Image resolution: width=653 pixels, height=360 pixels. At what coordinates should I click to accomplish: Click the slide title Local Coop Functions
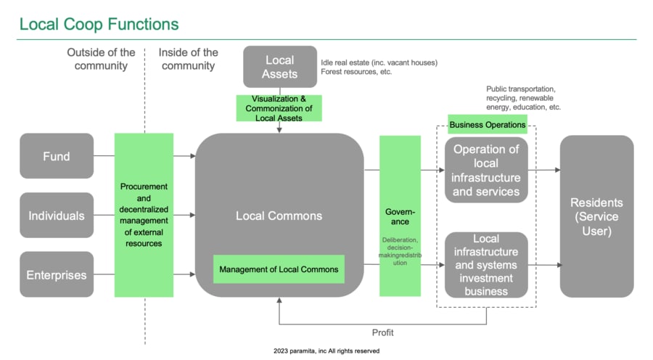coord(99,24)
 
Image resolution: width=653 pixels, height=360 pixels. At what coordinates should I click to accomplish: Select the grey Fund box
coord(57,155)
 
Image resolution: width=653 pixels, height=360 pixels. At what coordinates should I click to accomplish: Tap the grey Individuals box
coord(57,215)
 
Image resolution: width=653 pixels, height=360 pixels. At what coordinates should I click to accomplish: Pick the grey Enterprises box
coord(57,274)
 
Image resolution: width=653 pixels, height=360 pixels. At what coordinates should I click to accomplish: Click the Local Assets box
coord(279,67)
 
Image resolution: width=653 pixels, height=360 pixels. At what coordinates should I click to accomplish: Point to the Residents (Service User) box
coord(596,216)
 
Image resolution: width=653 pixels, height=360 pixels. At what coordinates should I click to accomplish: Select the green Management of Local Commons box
coord(279,269)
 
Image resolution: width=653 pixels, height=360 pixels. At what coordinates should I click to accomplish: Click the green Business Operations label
coord(488,125)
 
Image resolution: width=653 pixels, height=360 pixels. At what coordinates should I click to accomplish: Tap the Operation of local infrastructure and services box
coord(486,170)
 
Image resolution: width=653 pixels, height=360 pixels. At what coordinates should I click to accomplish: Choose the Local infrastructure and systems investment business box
coord(486,264)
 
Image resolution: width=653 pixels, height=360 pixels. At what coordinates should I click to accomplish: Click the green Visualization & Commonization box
coord(280,107)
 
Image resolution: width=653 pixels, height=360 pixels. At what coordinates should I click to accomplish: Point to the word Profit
coord(383,332)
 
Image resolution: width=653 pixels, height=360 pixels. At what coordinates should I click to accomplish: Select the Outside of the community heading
coord(101,59)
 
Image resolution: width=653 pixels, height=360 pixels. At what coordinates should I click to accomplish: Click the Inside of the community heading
coord(189,59)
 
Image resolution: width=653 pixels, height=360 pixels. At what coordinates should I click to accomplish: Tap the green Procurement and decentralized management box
coord(144,214)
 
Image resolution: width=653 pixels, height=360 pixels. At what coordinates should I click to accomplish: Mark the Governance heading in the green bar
coord(400,216)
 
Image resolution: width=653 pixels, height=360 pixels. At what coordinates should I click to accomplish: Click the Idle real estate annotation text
coord(379,67)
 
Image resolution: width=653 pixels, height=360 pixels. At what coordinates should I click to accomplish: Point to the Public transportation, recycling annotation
coord(523,98)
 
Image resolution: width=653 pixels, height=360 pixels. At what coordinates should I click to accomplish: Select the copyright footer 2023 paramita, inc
coord(326,351)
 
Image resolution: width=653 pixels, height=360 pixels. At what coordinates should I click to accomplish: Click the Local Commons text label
coord(279,216)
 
